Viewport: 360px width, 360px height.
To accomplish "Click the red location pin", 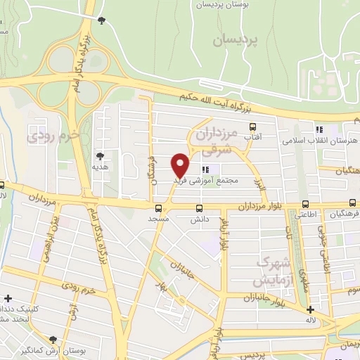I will coord(181,165).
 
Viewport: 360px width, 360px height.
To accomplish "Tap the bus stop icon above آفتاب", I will coord(254,127).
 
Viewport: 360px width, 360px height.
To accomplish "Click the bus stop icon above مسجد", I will coord(158,208).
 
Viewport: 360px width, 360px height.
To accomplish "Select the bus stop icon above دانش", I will coord(199,208).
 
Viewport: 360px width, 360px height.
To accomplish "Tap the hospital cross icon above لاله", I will coord(311,310).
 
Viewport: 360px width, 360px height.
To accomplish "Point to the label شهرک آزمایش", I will coord(273,270).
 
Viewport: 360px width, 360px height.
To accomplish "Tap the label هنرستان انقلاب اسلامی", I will coord(319,141).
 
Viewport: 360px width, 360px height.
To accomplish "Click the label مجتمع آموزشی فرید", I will coord(205,181).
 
